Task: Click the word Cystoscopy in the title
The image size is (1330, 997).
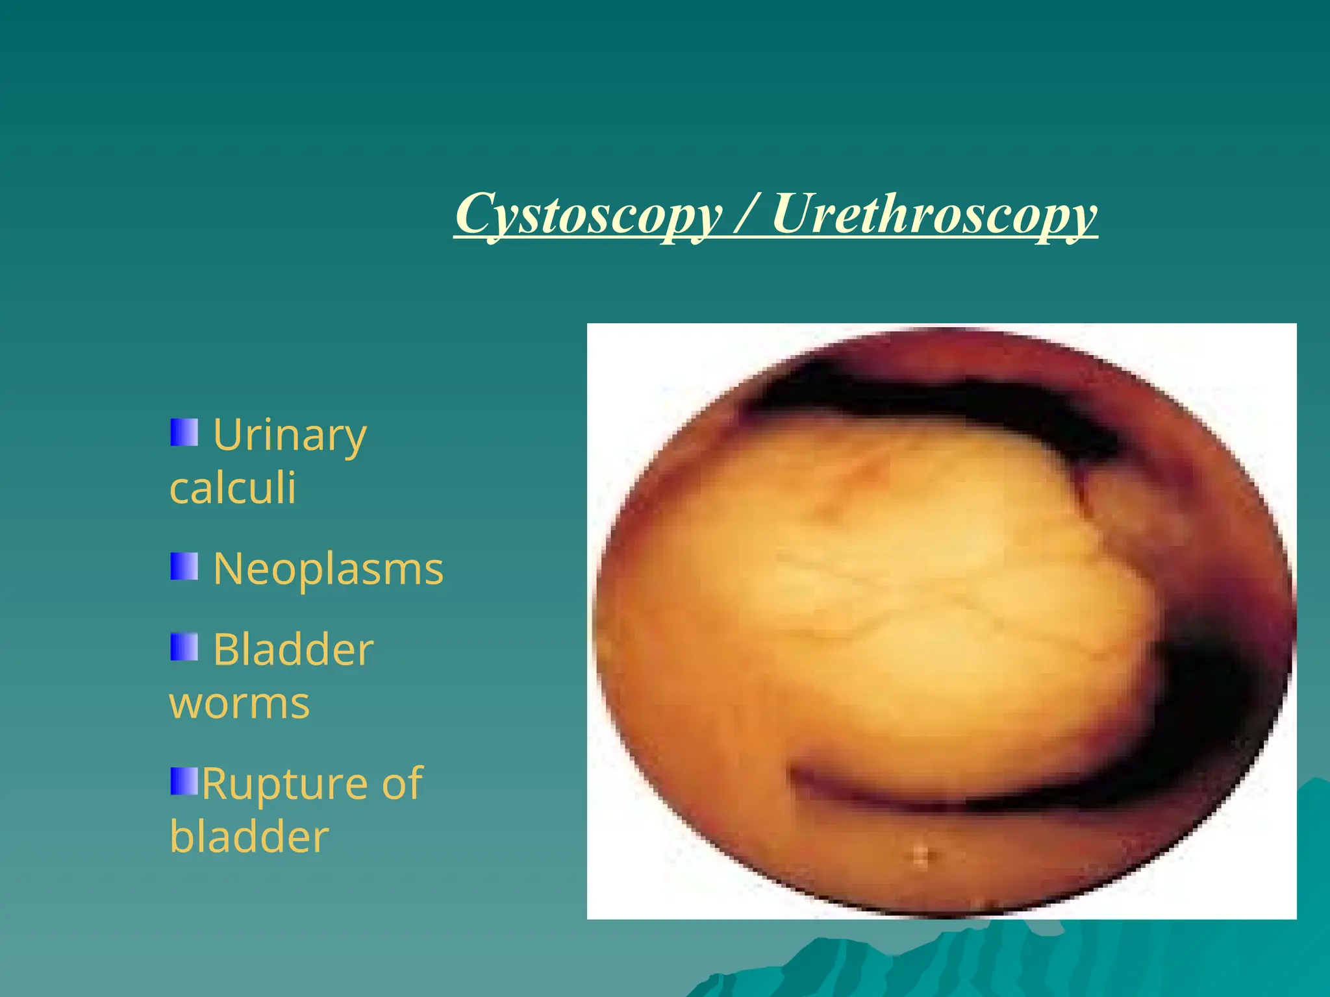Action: click(588, 214)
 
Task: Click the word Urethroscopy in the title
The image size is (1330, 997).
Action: click(934, 214)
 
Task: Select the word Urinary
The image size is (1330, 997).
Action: click(290, 435)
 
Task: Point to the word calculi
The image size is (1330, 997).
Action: click(232, 488)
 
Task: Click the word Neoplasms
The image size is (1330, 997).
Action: click(328, 569)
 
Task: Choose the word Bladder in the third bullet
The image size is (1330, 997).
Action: click(293, 650)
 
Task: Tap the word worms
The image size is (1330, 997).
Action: click(240, 704)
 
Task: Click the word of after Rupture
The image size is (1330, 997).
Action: click(402, 784)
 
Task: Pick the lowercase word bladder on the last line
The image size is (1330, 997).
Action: click(249, 837)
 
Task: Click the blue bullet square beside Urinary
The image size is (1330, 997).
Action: click(184, 432)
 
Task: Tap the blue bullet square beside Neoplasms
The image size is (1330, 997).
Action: click(184, 567)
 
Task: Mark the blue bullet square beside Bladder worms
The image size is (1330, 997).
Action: click(184, 647)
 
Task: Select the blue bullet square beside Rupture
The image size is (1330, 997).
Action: click(184, 781)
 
